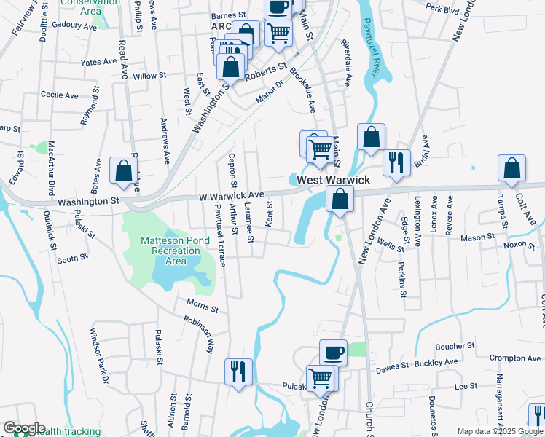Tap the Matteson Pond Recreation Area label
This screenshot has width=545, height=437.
[x=172, y=251]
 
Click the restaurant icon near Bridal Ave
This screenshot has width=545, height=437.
[x=396, y=162]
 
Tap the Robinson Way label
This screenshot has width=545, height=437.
[x=199, y=334]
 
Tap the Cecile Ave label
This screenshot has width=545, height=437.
[x=60, y=95]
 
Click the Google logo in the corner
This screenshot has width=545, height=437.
[x=24, y=429]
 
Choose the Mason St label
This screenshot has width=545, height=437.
[x=478, y=237]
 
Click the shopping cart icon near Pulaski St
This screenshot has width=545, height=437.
[x=320, y=378]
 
